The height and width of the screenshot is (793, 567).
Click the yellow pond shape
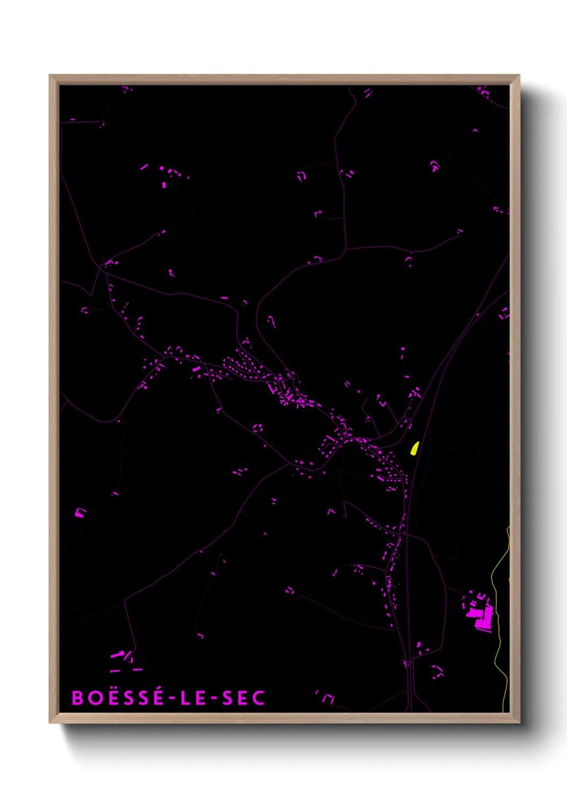[x=414, y=448]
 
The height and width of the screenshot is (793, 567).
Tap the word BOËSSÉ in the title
[x=118, y=698]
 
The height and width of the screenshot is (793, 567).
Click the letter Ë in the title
[x=112, y=697]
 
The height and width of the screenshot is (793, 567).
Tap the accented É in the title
[x=158, y=697]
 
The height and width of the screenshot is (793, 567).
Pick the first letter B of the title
[x=78, y=698]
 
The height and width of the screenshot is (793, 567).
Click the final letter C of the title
[x=259, y=698]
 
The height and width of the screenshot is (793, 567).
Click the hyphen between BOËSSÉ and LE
[x=172, y=698]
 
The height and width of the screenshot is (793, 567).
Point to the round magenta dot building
[x=162, y=168]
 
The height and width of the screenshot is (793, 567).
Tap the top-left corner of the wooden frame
[x=50, y=76]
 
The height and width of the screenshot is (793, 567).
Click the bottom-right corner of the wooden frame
[x=519, y=722]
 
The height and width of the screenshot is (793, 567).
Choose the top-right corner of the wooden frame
[x=519, y=76]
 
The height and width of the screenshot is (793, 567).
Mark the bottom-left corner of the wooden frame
[x=50, y=722]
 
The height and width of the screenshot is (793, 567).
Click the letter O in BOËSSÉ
[x=95, y=698]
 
